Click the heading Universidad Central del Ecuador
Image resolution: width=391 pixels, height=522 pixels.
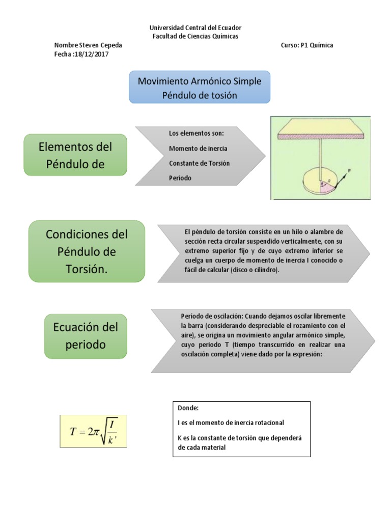pos(195,28)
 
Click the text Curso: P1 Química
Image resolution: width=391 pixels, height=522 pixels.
pos(307,45)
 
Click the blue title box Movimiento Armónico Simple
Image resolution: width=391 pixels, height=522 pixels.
pos(199,87)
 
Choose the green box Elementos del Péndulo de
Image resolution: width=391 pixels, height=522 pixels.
pos(75,155)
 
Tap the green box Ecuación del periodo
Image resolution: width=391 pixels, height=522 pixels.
pos(85,336)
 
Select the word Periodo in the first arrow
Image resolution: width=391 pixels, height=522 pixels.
pos(180,178)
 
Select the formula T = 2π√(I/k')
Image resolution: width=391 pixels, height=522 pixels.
pos(93,431)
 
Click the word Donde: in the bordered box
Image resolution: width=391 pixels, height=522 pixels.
pos(189,408)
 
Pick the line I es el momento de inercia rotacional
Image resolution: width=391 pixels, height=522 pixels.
pos(231,423)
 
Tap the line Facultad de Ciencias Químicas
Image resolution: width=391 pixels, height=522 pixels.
pos(195,36)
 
